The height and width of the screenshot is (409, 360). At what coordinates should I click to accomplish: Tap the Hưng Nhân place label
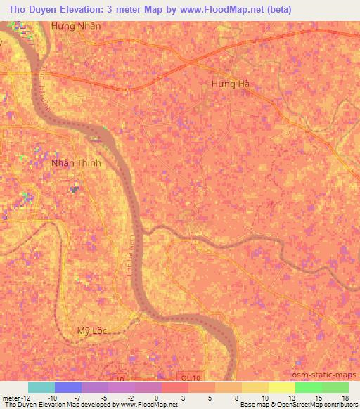click(x=76, y=26)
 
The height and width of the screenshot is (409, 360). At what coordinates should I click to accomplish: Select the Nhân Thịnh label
click(x=77, y=163)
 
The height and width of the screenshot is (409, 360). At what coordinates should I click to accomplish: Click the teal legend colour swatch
click(x=41, y=387)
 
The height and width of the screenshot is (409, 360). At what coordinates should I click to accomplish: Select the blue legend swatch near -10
click(x=68, y=387)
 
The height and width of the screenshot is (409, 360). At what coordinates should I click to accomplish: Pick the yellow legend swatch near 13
click(x=282, y=387)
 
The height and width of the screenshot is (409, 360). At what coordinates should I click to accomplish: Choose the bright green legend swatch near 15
click(x=309, y=387)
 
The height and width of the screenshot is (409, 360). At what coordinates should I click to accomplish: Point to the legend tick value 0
click(x=155, y=397)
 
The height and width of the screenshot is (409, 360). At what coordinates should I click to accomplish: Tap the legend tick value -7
click(x=76, y=397)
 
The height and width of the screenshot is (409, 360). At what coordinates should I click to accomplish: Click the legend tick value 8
click(x=235, y=397)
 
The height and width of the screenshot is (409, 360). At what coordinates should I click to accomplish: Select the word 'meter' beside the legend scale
click(x=10, y=397)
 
